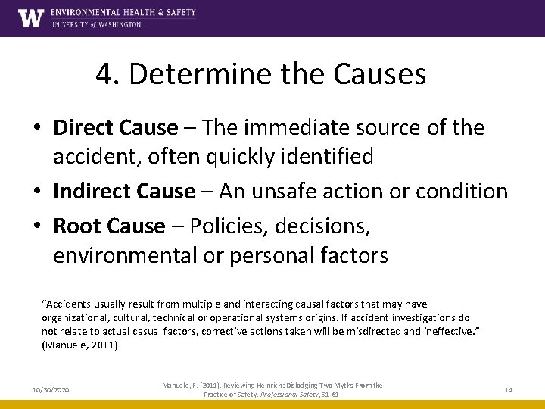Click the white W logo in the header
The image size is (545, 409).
click(x=31, y=17)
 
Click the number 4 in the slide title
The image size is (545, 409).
click(x=105, y=74)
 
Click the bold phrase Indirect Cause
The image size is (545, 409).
click(x=124, y=191)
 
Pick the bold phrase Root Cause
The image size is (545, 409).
click(x=109, y=225)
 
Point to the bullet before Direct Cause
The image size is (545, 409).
click(x=40, y=128)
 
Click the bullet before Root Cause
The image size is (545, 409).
click(x=40, y=226)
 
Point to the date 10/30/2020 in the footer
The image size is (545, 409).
click(x=51, y=389)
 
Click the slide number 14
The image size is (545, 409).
click(x=508, y=389)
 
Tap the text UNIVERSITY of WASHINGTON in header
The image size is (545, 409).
click(x=95, y=24)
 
